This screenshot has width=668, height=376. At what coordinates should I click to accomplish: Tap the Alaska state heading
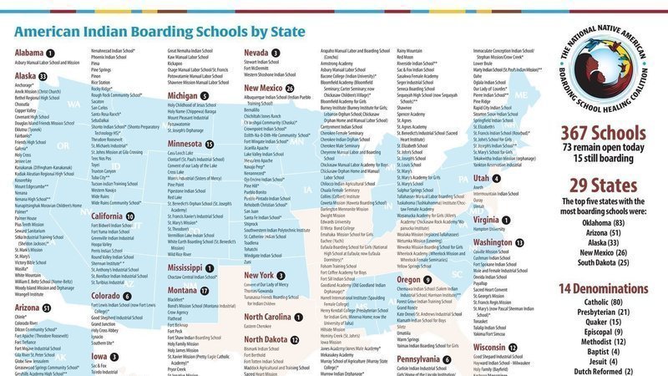click(x=26, y=75)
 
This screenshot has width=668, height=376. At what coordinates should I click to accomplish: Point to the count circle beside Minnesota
click(x=210, y=144)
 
